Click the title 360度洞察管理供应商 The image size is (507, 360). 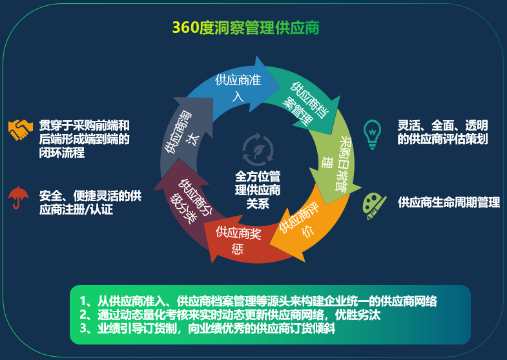coord(245,28)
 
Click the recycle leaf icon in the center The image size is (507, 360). coord(258,149)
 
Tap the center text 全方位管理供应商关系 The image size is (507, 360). coord(258,190)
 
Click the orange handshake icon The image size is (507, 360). coord(21,130)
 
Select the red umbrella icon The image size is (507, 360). coord(19,197)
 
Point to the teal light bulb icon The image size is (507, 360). coord(372,134)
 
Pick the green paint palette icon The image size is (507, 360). coord(374,206)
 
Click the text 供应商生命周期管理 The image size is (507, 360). coord(449,202)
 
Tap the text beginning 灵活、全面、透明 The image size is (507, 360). coord(442,132)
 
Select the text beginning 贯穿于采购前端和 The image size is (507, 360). coord(84,139)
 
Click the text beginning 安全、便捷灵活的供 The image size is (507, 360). coord(90,202)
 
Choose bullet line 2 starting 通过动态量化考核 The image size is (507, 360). coord(230,315)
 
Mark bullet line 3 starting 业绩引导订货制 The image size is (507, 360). coord(207,328)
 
